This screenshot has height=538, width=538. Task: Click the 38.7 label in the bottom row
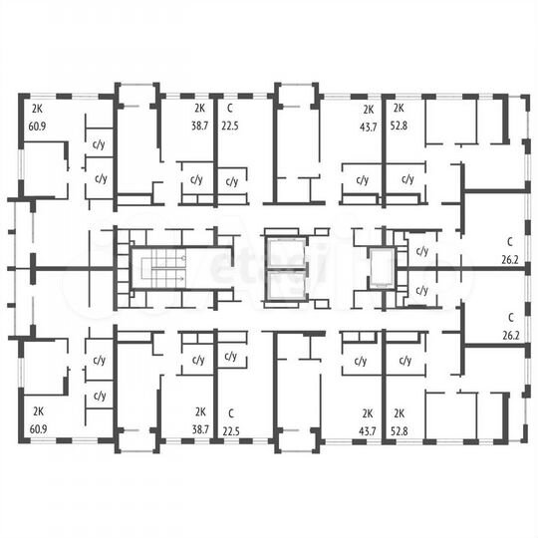201,428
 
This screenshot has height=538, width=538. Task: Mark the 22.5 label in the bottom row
231,428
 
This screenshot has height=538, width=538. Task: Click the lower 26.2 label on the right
511,336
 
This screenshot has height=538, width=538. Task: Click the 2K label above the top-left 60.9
38,109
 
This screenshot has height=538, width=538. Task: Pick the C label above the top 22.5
229,109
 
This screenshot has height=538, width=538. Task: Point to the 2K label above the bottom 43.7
368,411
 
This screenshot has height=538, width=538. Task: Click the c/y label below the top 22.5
231,181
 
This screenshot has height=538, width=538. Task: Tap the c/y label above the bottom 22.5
231,356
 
